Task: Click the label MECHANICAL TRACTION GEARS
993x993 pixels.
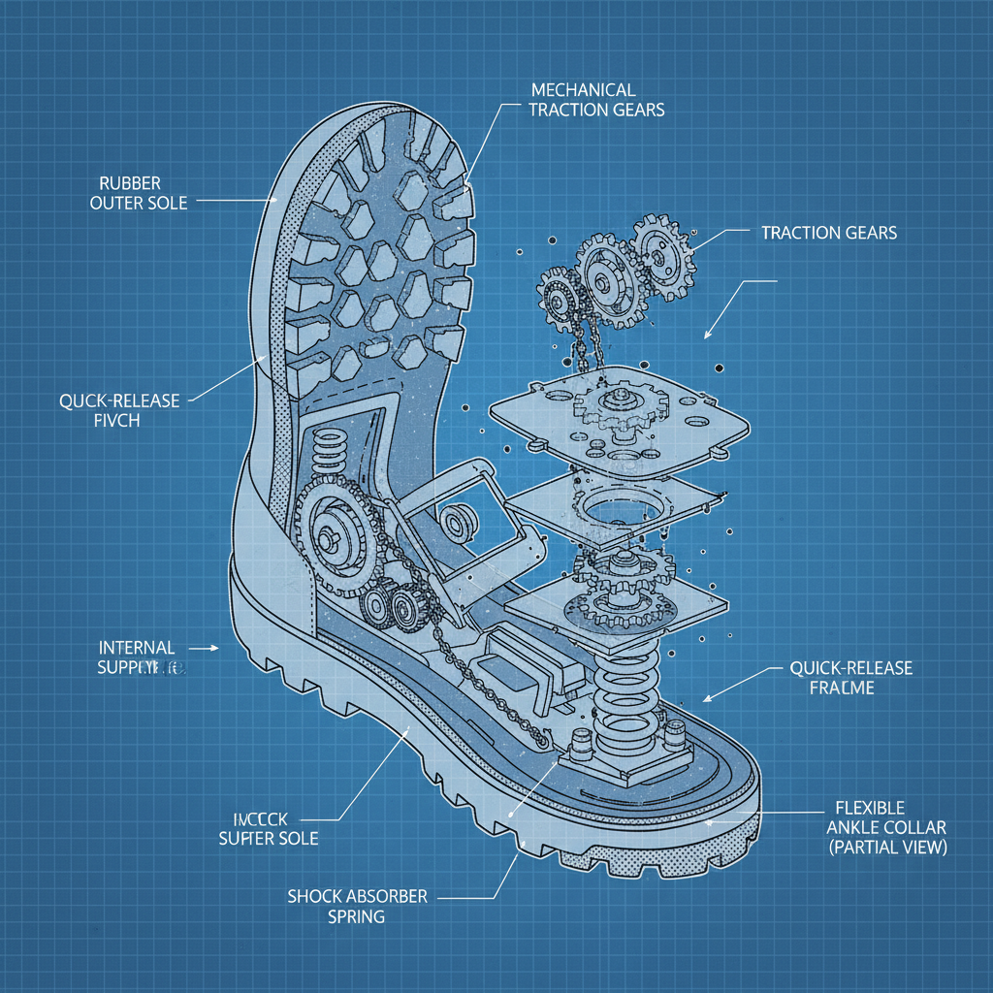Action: [596, 99]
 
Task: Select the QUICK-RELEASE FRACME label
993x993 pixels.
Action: [851, 678]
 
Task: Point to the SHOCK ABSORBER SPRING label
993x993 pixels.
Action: [357, 906]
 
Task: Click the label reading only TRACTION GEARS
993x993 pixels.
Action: [829, 233]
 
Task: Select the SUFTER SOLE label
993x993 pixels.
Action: [268, 827]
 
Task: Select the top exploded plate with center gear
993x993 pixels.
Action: [621, 412]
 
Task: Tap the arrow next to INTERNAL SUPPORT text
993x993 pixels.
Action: [207, 646]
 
